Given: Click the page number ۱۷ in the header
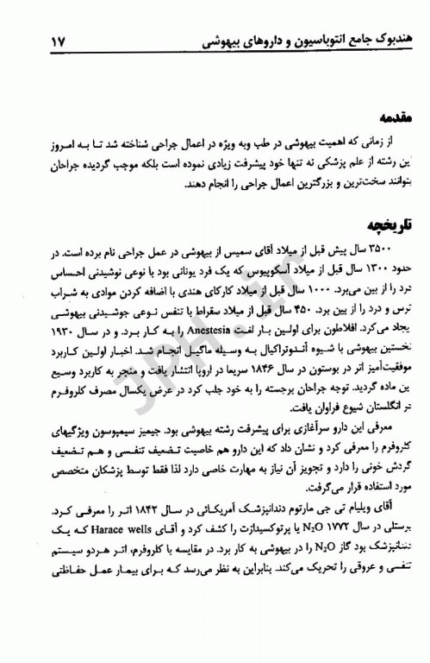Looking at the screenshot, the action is (x=41, y=41).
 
